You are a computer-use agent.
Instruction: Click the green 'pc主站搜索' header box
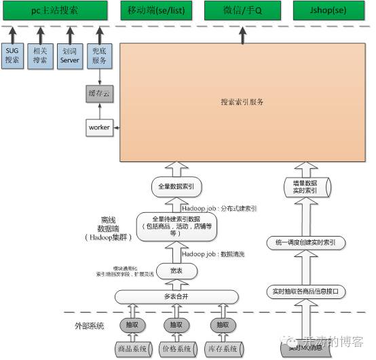point(55,11)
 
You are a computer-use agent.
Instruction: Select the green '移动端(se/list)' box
point(157,11)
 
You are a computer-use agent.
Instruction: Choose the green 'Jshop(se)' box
point(327,11)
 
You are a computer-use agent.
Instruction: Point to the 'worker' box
point(99,127)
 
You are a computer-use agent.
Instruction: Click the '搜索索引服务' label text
point(242,102)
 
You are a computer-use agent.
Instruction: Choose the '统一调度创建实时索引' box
point(306,242)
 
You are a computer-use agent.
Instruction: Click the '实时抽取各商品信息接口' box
point(306,292)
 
